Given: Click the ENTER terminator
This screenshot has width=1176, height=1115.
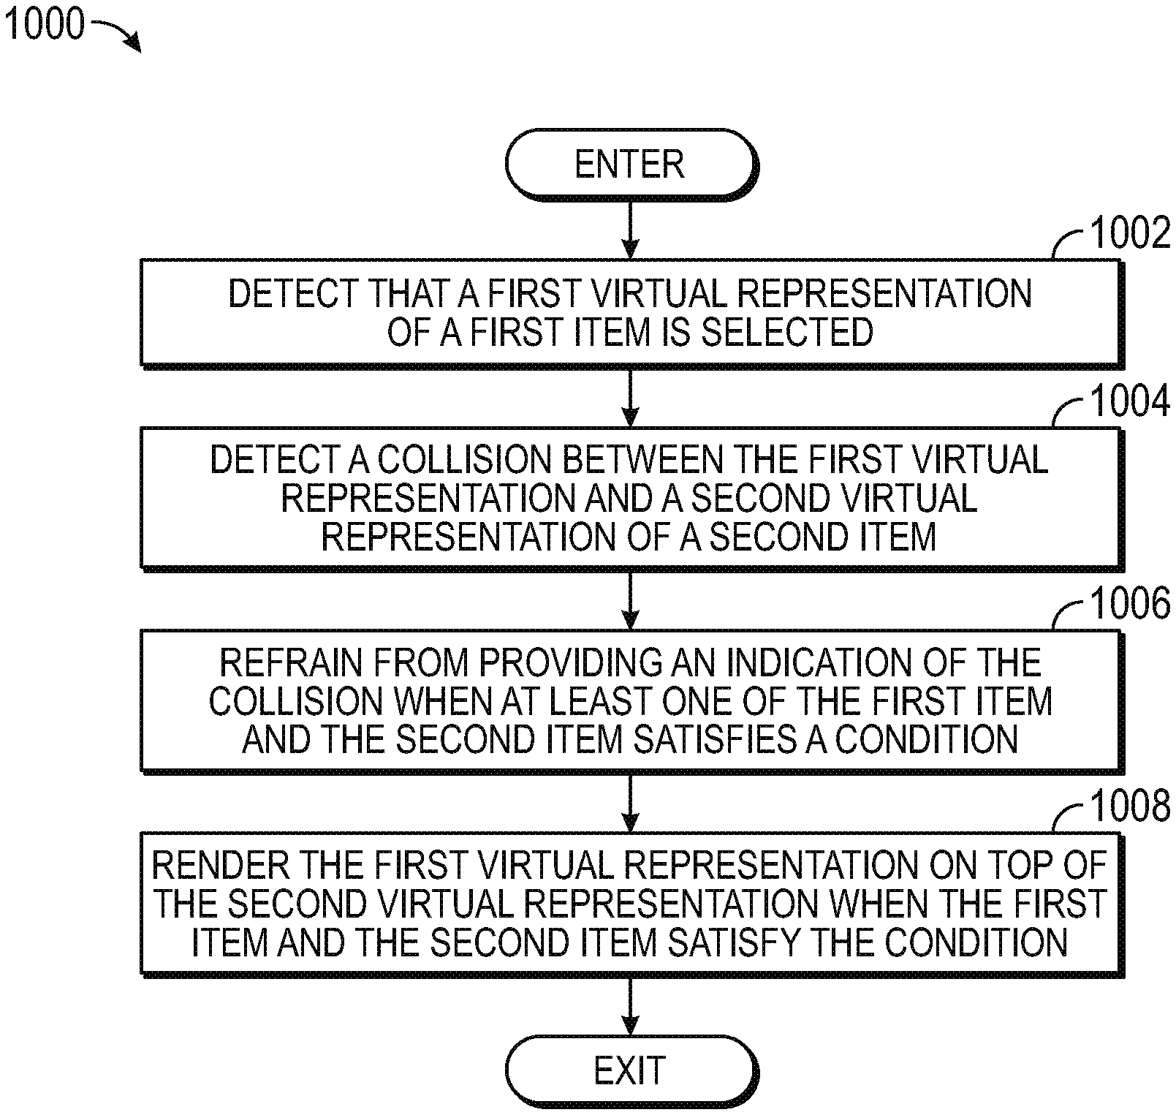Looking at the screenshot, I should point(629,164).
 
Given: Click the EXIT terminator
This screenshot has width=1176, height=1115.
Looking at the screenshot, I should point(629,1070).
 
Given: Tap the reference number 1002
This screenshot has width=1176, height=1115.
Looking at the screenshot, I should point(1129,235).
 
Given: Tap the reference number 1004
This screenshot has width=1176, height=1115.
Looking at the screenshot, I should point(1129,401).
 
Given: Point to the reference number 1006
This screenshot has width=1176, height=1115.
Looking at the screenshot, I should point(1129,604).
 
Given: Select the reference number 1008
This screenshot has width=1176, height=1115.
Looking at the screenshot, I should point(1129,806).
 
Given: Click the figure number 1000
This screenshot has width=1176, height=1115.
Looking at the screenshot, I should point(44,24).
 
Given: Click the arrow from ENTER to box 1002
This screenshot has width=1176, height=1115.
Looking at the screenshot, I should point(629,228).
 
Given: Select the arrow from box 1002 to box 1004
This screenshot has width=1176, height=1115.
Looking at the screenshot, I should point(629,396).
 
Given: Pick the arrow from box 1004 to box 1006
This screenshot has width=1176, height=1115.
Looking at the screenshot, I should point(629,600).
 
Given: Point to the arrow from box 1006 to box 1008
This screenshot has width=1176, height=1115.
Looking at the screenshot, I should point(629,802).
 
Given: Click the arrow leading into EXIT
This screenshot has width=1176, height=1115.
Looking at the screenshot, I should point(629,1006).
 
